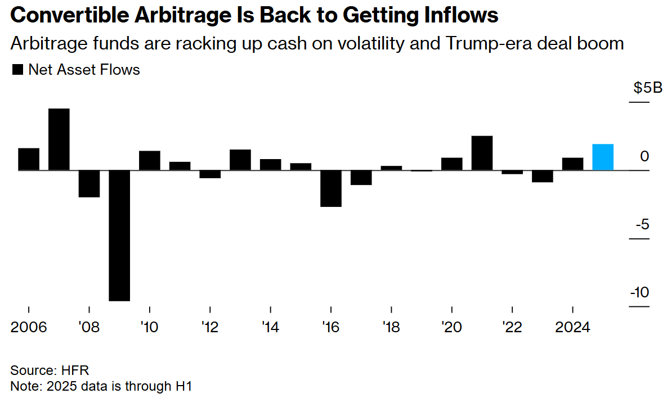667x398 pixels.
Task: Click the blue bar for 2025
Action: tap(603, 157)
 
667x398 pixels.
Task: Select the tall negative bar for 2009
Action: tap(119, 235)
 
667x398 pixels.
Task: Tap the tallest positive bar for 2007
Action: tap(59, 139)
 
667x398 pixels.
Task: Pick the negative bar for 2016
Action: tap(331, 188)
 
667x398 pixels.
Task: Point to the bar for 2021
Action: tap(482, 153)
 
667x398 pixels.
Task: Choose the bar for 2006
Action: tap(29, 159)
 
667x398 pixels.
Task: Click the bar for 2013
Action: tap(240, 160)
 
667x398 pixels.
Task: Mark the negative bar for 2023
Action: tap(543, 177)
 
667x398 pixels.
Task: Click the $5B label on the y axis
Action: tap(647, 88)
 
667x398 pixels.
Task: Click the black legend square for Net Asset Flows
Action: tap(17, 70)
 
